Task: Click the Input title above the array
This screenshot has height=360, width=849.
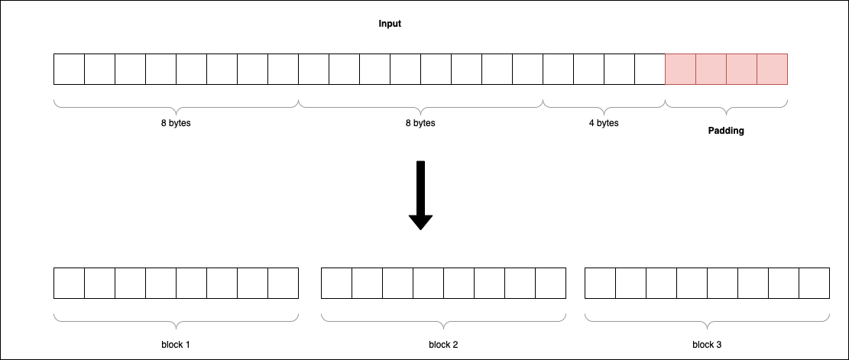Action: point(390,24)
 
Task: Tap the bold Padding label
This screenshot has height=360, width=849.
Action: point(725,131)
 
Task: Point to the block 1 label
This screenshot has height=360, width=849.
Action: point(175,345)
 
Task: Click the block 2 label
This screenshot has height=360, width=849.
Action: point(443,345)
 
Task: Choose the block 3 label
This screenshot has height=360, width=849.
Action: point(707,345)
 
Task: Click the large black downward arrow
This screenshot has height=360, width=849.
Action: point(420,195)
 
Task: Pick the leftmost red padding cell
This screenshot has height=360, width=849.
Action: point(680,69)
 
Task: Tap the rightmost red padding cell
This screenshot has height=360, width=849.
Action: point(772,69)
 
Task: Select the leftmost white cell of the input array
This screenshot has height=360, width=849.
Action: point(69,69)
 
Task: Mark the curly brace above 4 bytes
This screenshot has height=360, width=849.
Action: point(604,103)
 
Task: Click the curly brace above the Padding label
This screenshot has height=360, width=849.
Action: point(726,103)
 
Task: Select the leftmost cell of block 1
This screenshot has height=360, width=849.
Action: point(69,283)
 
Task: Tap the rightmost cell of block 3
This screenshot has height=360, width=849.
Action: point(814,283)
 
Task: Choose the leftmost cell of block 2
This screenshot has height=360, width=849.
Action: point(336,283)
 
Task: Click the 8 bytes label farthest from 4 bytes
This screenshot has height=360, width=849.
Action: point(176,123)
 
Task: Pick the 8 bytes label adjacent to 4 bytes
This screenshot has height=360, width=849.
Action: point(420,123)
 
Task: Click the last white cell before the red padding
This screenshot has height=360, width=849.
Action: point(650,69)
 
